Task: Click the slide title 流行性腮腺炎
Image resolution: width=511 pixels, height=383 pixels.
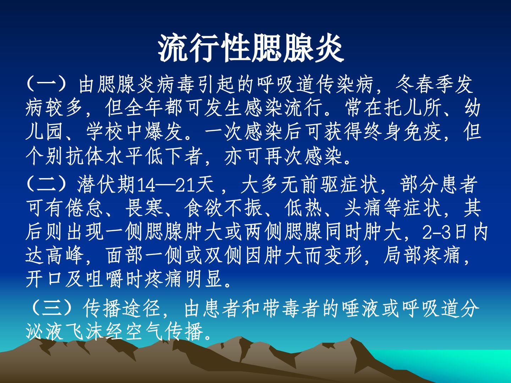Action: (x=251, y=48)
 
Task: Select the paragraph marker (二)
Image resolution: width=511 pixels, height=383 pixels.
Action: (x=46, y=185)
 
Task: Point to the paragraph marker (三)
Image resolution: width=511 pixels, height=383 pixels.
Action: (x=52, y=309)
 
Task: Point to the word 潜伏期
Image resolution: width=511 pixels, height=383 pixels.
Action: (x=106, y=185)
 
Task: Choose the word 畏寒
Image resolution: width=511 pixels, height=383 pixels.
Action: (x=144, y=208)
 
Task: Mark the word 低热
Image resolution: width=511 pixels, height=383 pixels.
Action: (x=303, y=208)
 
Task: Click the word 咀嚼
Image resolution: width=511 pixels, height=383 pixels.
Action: (x=105, y=279)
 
